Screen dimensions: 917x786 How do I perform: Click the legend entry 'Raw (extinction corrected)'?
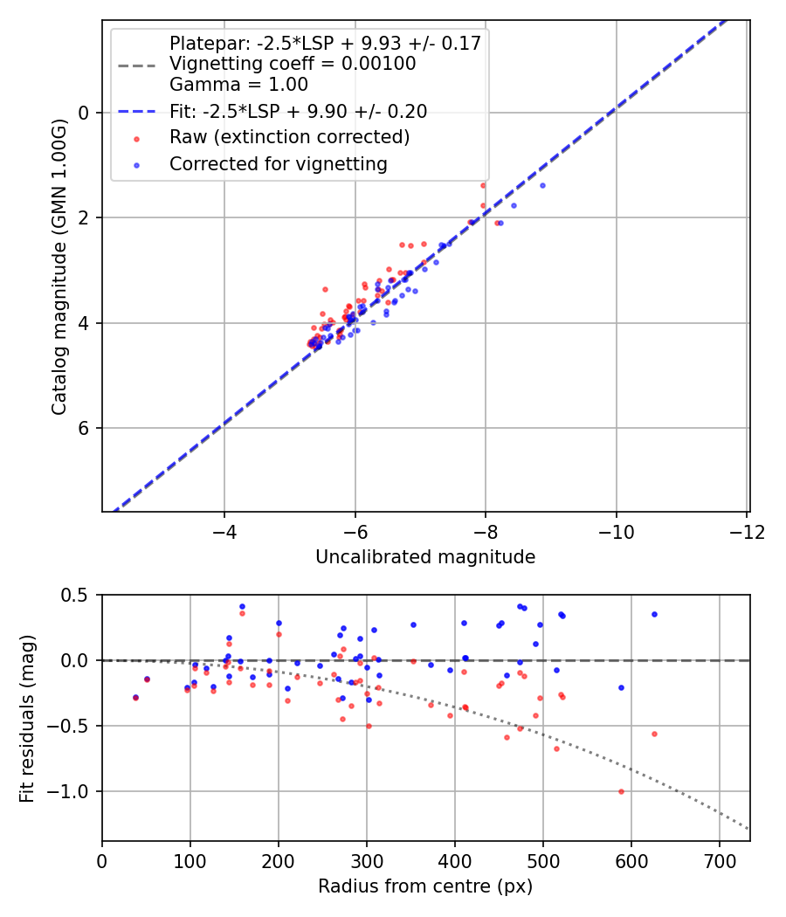tap(289, 137)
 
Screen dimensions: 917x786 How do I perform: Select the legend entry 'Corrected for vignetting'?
tap(279, 163)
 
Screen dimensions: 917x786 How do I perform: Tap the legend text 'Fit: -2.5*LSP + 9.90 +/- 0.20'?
tap(298, 111)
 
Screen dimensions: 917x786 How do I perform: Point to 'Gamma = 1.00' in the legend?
tap(238, 85)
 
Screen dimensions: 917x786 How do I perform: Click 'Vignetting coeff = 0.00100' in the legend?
tap(293, 64)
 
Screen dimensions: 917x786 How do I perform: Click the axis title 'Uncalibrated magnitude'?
tap(425, 556)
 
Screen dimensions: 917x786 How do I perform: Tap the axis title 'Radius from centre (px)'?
tap(425, 886)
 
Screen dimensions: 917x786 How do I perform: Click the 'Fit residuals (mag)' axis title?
tap(26, 718)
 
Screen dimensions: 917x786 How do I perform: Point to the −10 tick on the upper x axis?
tap(616, 533)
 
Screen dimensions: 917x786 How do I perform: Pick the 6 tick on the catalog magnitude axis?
tap(85, 428)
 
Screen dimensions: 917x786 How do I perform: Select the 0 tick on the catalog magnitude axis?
tap(85, 112)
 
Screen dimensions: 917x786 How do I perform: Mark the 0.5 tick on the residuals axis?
tap(78, 595)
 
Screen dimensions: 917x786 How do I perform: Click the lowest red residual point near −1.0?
tap(621, 791)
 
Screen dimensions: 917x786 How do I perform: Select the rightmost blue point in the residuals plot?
tap(654, 614)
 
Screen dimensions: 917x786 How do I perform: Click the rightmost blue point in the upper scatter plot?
tap(542, 185)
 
